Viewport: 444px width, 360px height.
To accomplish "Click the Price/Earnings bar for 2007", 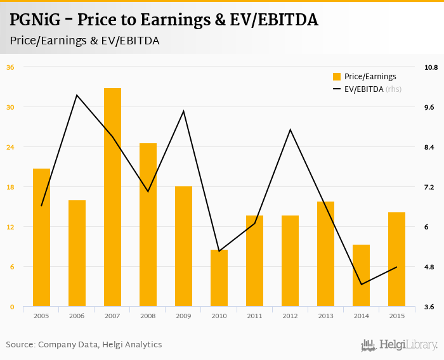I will [112, 197].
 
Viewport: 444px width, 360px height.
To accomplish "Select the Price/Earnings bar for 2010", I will [219, 278].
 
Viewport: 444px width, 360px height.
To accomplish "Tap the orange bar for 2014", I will [361, 276].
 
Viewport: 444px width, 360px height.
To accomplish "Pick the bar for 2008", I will [148, 225].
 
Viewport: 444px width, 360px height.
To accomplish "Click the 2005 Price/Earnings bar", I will [41, 238].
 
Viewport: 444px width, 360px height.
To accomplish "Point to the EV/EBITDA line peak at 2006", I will [77, 95].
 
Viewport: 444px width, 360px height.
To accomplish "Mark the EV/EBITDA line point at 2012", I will [290, 130].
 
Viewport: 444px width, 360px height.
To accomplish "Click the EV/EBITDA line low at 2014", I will [361, 285].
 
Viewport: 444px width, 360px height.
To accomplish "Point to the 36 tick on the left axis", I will [10, 67].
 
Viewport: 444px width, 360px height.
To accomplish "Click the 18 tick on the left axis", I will [10, 187].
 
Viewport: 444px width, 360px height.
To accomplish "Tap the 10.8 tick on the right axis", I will [432, 67].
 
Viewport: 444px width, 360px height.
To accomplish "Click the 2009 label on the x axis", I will [183, 316].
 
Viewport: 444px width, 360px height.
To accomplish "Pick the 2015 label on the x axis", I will [396, 316].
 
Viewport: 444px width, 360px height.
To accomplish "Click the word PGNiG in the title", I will [36, 20].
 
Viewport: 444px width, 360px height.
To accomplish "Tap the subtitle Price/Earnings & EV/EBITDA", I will [84, 41].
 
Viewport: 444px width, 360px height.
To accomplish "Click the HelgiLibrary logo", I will [400, 345].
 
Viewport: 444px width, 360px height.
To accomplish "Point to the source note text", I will [84, 345].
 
